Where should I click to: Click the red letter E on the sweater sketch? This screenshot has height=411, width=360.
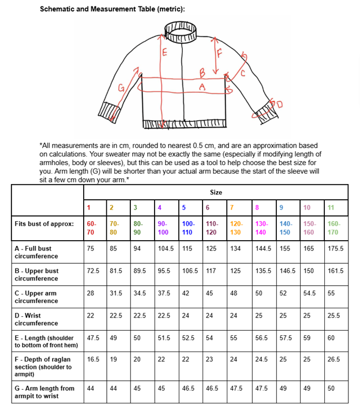(x=165, y=54)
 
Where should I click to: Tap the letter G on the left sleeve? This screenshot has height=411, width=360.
(x=122, y=88)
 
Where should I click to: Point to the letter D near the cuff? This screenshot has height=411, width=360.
(x=280, y=104)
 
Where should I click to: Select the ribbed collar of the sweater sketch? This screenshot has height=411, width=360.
(x=181, y=31)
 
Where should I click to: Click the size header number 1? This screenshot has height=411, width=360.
(x=89, y=207)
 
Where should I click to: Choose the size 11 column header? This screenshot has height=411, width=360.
(x=331, y=207)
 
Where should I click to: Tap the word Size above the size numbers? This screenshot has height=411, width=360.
(x=216, y=192)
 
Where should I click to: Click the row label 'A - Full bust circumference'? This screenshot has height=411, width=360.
(x=36, y=252)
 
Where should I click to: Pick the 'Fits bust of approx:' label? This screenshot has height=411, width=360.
(x=44, y=223)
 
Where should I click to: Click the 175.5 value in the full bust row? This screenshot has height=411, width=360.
(x=335, y=249)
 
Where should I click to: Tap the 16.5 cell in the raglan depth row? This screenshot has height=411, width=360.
(x=93, y=359)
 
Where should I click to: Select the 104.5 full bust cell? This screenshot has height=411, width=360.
(x=166, y=249)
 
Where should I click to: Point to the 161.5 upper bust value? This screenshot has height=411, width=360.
(x=335, y=271)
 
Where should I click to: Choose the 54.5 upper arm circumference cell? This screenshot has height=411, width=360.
(x=310, y=293)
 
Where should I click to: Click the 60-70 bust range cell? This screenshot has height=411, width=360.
(x=91, y=227)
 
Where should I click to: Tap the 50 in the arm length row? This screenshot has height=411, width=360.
(x=331, y=388)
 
